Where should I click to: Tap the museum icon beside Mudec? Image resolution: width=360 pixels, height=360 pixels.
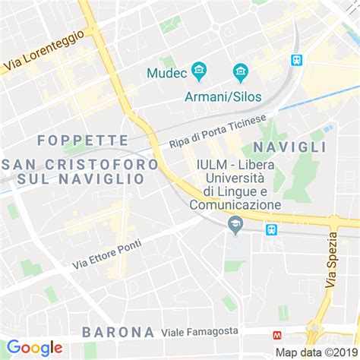[200, 73]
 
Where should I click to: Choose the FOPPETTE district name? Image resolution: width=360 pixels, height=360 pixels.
[82, 140]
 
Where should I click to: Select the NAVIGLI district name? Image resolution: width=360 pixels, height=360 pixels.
[290, 147]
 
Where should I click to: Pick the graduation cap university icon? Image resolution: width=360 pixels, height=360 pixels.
[235, 223]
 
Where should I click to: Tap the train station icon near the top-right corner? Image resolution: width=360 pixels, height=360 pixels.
[296, 59]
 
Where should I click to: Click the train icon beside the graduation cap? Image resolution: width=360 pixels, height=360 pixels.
[270, 229]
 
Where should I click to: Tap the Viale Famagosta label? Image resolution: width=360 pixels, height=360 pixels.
[200, 332]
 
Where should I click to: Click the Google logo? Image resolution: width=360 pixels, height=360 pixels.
[34, 348]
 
